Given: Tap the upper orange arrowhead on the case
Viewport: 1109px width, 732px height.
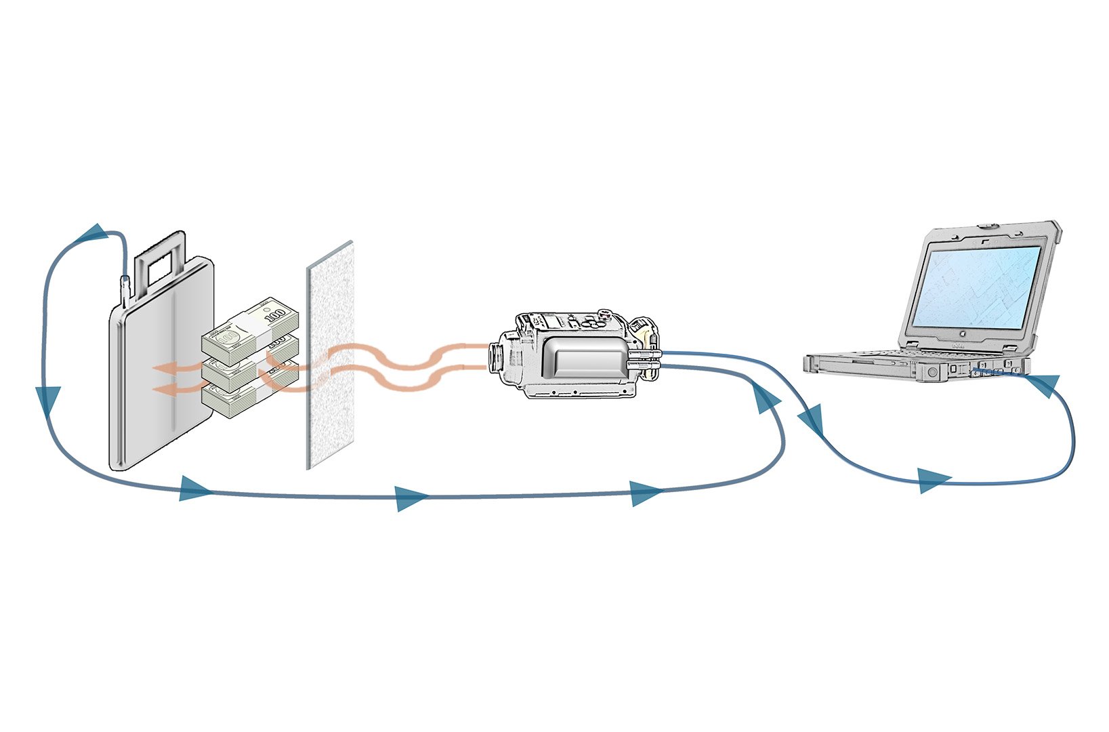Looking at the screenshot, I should click(163, 368).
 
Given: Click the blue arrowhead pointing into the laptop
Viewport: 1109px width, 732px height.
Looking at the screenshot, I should click(1043, 385).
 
